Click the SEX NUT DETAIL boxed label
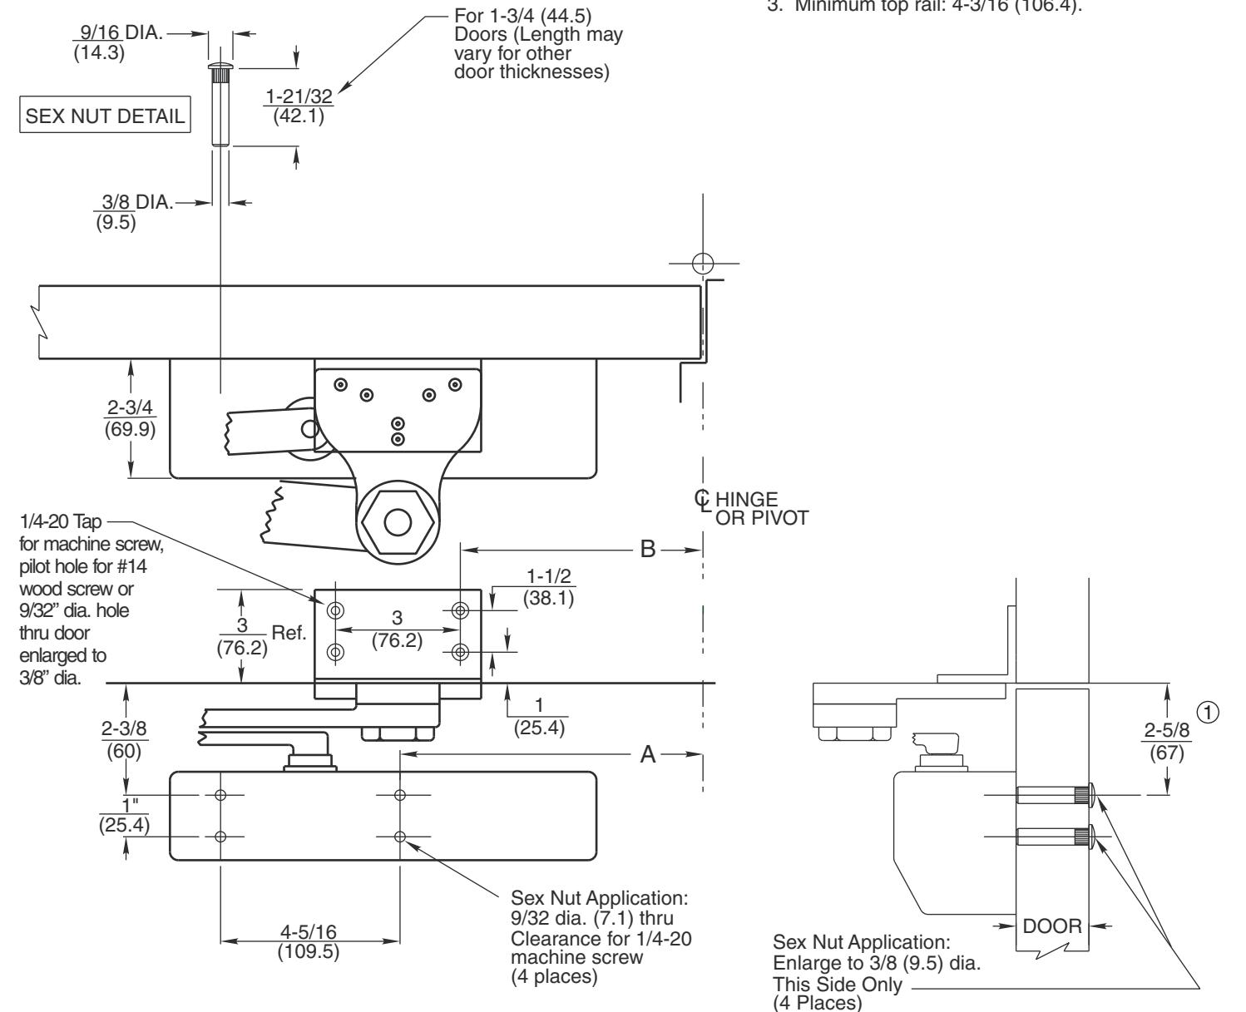[106, 116]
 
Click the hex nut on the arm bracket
[398, 521]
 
